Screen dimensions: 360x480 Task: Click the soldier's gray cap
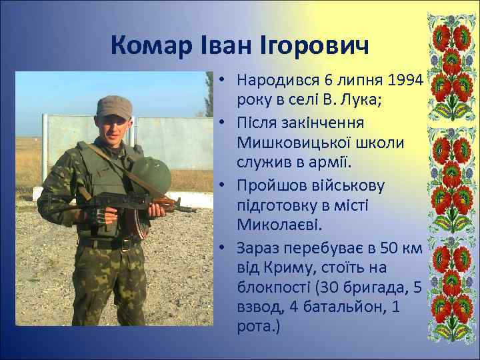pos(115,106)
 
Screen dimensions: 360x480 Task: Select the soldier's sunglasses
pos(115,122)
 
